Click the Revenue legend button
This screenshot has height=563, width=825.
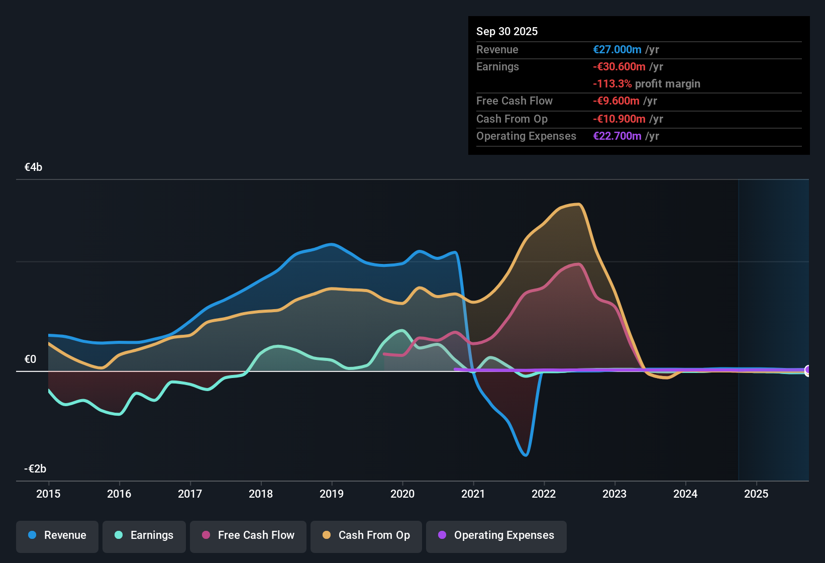(57, 535)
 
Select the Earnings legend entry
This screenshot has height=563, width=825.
(144, 535)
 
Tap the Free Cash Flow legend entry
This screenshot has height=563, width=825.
(248, 535)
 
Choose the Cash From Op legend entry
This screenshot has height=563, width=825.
(366, 535)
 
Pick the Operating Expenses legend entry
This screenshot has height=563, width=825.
(496, 535)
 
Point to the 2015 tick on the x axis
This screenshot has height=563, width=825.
(48, 494)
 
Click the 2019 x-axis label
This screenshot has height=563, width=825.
(332, 494)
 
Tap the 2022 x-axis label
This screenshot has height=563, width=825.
(544, 494)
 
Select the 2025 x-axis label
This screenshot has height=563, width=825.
(756, 494)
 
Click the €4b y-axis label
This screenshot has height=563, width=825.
(33, 167)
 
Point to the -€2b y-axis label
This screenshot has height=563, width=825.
(35, 469)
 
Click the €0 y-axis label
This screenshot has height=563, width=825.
(30, 359)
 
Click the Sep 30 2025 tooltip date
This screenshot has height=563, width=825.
(507, 31)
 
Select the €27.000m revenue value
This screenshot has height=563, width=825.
(617, 49)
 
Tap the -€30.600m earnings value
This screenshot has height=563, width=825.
(619, 66)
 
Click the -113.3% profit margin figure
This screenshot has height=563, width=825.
(612, 84)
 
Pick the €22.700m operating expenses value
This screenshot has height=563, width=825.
(617, 136)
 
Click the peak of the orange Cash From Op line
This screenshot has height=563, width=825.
(579, 204)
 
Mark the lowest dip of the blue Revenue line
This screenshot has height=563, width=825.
(526, 455)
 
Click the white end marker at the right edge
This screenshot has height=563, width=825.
(807, 370)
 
